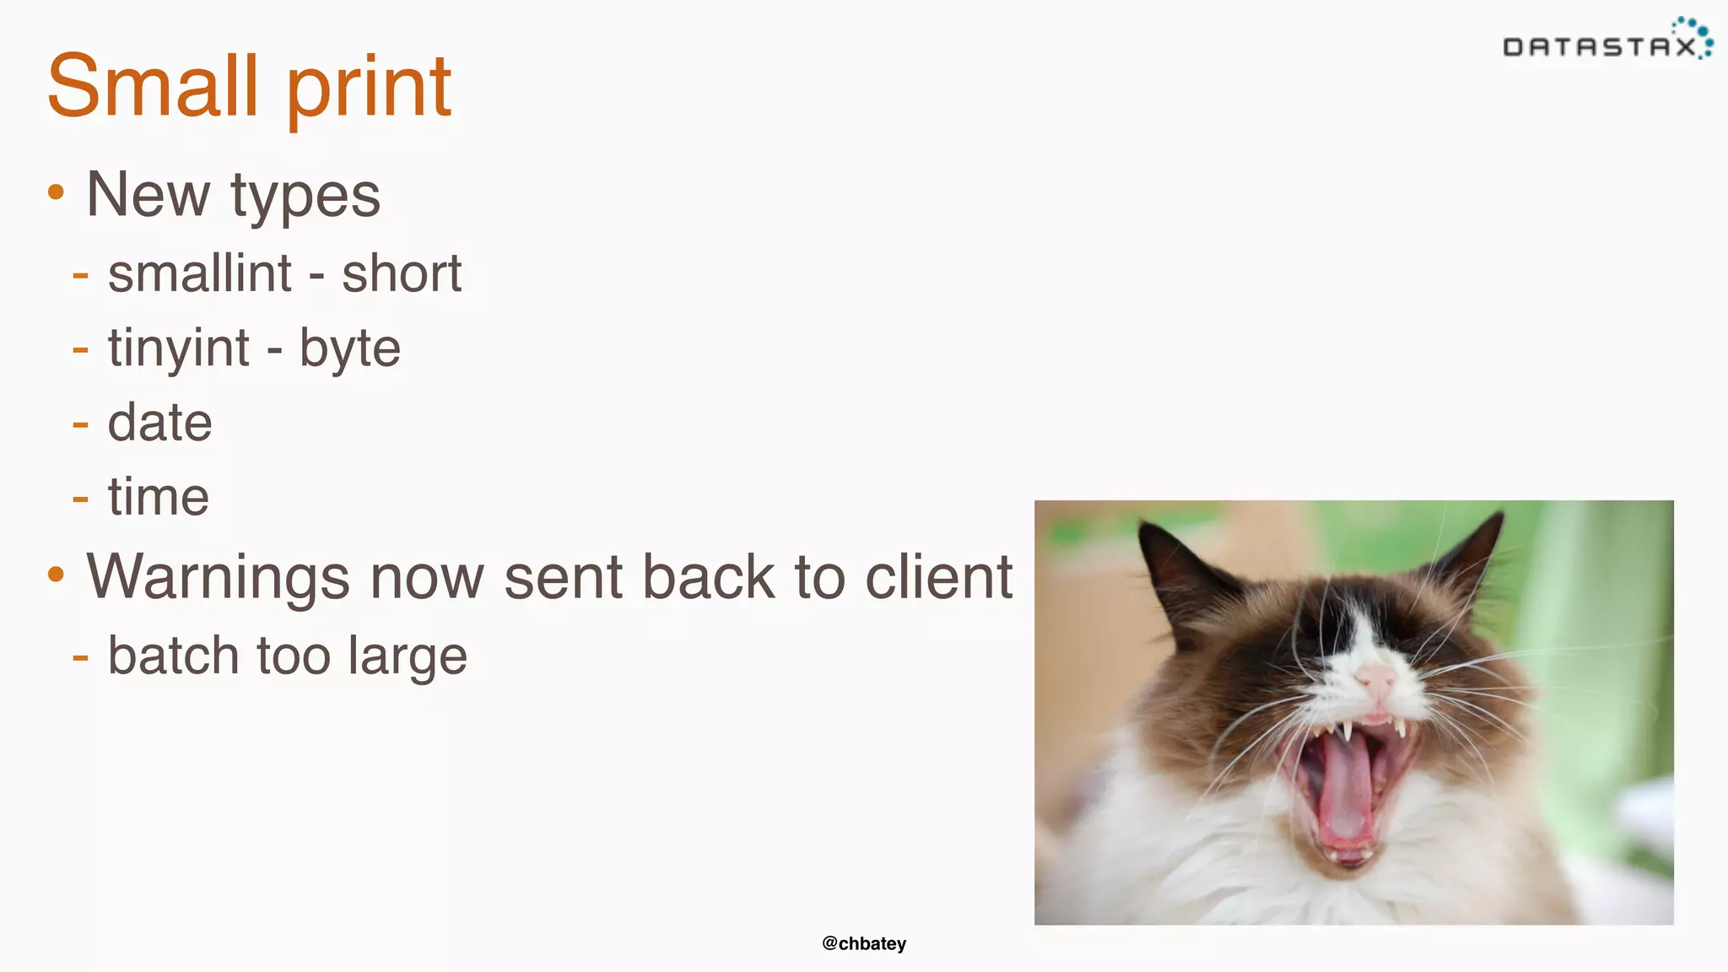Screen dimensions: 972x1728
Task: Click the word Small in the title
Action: [152, 86]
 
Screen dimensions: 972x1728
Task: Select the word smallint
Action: [200, 273]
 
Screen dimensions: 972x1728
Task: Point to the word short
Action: [402, 273]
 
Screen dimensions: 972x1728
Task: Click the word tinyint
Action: [179, 348]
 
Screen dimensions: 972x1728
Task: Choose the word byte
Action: [350, 348]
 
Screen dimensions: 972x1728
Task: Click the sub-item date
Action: [159, 422]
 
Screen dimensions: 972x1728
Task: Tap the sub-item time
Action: [158, 496]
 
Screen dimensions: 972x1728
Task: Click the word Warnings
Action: [218, 578]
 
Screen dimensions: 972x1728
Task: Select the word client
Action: [938, 577]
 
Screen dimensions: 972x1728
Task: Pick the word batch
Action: [174, 656]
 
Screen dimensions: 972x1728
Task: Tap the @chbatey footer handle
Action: [864, 943]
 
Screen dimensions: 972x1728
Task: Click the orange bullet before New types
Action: [56, 192]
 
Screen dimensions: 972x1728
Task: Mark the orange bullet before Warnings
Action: [56, 575]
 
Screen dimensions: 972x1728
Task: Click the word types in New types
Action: [305, 196]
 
